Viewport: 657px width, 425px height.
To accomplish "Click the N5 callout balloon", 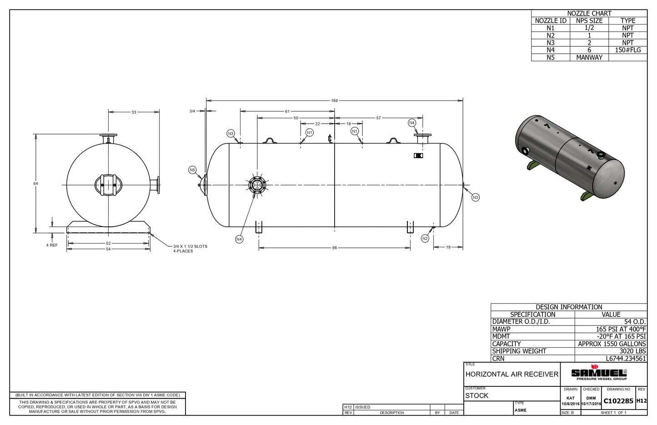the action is [x=192, y=170].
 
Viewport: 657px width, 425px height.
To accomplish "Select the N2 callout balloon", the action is [x=425, y=239].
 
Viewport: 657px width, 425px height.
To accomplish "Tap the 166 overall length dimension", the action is [x=334, y=100].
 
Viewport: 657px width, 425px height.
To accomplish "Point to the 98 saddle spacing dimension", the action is [x=334, y=248].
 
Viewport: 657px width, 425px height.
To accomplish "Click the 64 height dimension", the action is [x=35, y=184].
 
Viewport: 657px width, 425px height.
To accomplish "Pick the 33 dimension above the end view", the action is [x=134, y=112].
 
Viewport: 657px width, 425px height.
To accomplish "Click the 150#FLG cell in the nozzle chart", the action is [x=627, y=50].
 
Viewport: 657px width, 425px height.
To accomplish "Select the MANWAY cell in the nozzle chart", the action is [x=589, y=57].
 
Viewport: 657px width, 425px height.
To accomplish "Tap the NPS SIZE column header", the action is [x=589, y=21].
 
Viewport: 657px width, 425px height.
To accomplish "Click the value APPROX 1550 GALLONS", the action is [x=612, y=344].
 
